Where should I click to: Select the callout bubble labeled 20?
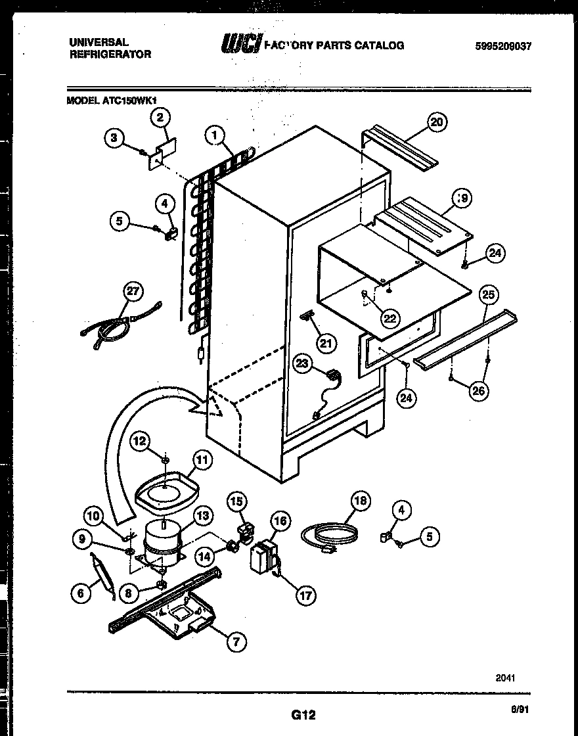click(437, 122)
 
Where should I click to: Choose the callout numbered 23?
click(302, 365)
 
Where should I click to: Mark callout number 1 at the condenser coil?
click(213, 135)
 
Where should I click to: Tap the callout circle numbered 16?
click(280, 522)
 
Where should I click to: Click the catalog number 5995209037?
click(502, 46)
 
